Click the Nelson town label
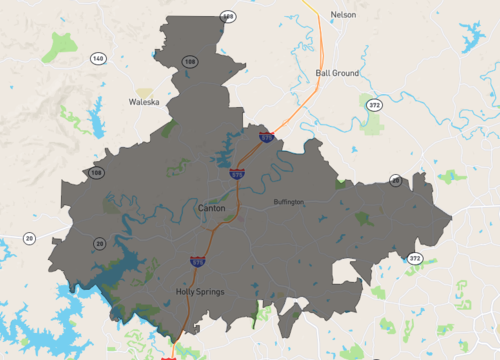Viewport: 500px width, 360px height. point(343,15)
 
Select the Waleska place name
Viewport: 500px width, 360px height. point(144,102)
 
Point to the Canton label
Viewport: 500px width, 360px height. point(212,208)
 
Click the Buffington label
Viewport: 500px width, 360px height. point(289,202)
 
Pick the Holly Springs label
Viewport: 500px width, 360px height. point(200,292)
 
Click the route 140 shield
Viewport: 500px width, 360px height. point(97,59)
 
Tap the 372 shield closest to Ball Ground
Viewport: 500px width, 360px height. point(374,105)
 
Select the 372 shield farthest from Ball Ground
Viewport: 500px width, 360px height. point(414,259)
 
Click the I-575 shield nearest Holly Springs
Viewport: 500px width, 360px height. point(198,262)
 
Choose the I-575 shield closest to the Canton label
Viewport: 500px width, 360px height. point(237,173)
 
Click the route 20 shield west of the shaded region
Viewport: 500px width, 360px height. point(29,238)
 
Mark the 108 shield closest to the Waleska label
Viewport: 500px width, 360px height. point(189,62)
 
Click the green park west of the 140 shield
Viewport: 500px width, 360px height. point(60,44)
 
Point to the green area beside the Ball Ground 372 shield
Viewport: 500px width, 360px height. point(372,125)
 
